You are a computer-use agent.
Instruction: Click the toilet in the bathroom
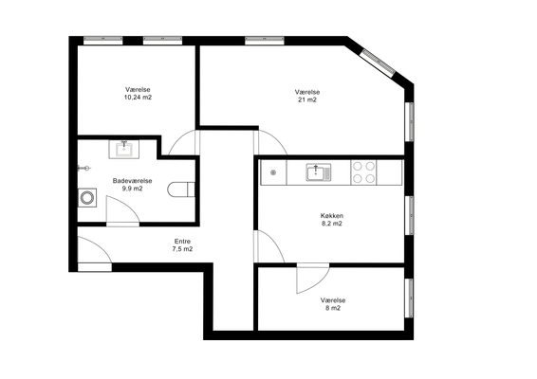(x=181, y=189)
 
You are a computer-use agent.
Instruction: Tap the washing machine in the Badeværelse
(x=87, y=198)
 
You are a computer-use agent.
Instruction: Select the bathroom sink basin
(x=124, y=150)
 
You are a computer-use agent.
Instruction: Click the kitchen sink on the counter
(x=319, y=172)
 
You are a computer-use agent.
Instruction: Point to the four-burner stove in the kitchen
(x=363, y=172)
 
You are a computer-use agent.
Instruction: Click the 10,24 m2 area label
(x=138, y=98)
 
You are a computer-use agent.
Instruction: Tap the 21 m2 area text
(x=307, y=99)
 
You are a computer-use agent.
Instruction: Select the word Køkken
(x=332, y=216)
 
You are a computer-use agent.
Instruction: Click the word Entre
(x=182, y=242)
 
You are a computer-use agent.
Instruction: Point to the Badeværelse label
(x=132, y=181)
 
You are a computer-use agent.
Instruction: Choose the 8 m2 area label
(x=333, y=308)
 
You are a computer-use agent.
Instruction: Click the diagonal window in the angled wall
(x=379, y=63)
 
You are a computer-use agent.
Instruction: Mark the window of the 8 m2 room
(x=409, y=298)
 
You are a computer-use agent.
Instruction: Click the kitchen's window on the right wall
(x=409, y=215)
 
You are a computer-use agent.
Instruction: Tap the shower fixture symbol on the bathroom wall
(x=84, y=168)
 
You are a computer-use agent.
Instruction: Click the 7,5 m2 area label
(x=182, y=249)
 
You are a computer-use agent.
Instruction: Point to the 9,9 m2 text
(x=132, y=189)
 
